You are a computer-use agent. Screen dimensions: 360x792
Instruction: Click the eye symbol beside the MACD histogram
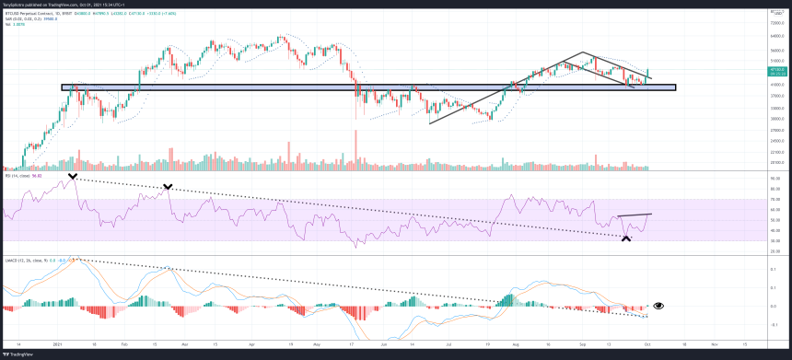[658, 305]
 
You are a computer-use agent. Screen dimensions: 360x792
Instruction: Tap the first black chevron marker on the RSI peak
[72, 175]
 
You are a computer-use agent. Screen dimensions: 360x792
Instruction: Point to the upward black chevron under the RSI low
[626, 238]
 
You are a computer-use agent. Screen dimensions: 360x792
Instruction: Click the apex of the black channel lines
[581, 52]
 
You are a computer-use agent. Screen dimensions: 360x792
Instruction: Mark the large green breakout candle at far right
[649, 74]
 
